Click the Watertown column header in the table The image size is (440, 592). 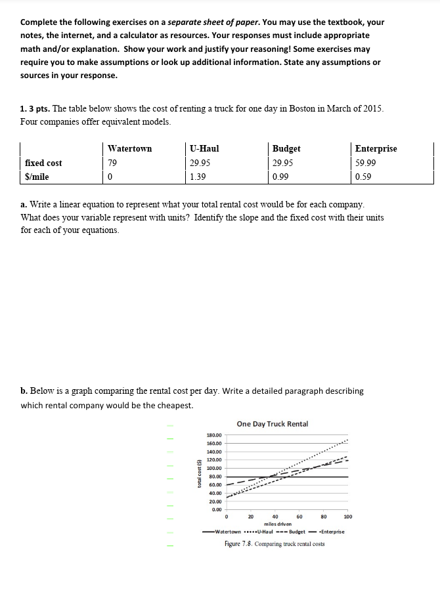(x=129, y=149)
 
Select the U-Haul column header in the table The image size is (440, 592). (x=204, y=149)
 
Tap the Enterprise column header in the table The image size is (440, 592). (x=376, y=149)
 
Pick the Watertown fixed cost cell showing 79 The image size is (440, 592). (x=112, y=163)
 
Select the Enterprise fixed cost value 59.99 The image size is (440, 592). (x=365, y=163)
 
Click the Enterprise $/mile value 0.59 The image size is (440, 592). (x=363, y=177)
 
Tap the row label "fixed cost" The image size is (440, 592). (x=43, y=163)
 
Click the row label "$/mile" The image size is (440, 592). (x=37, y=177)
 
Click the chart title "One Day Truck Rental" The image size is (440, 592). (x=272, y=424)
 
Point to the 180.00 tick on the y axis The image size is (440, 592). (x=213, y=435)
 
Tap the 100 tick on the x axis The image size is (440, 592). (x=347, y=517)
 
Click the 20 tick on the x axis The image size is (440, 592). (x=250, y=517)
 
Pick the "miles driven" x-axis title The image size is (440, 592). (x=278, y=524)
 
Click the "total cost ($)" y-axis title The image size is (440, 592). (x=199, y=472)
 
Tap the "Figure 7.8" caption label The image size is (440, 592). (x=238, y=544)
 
